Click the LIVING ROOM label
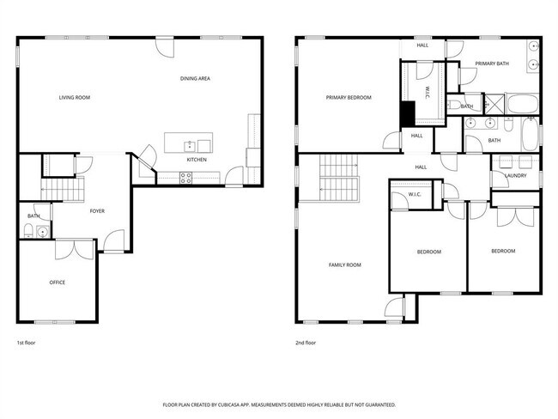[x=75, y=98]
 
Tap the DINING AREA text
[x=195, y=79]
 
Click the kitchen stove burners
[x=185, y=178]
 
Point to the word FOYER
[x=97, y=210]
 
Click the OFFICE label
[x=57, y=282]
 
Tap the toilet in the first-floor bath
[x=28, y=230]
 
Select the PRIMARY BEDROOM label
[x=349, y=98]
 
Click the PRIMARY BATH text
[x=493, y=63]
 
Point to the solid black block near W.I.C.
[x=409, y=112]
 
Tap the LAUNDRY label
[x=516, y=176]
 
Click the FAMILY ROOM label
[x=345, y=265]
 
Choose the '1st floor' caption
[x=26, y=343]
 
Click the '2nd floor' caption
[x=306, y=343]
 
